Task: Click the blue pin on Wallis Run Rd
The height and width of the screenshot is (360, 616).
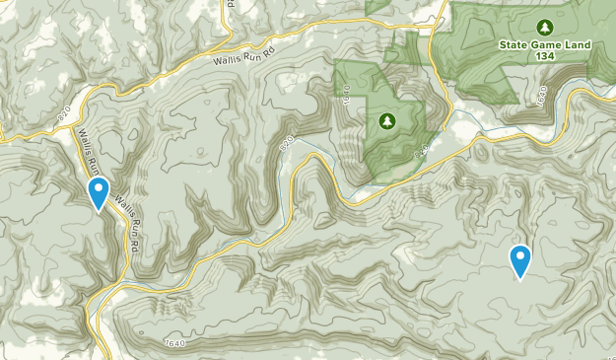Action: pyautogui.click(x=99, y=192)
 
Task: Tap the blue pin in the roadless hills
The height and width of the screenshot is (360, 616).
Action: pyautogui.click(x=520, y=260)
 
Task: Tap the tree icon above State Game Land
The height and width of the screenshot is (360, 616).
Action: pyautogui.click(x=542, y=27)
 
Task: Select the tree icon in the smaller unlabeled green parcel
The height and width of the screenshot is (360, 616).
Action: pyautogui.click(x=385, y=121)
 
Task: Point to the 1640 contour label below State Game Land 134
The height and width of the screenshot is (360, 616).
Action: pyautogui.click(x=544, y=98)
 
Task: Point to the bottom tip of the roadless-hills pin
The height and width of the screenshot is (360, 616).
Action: pyautogui.click(x=520, y=280)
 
